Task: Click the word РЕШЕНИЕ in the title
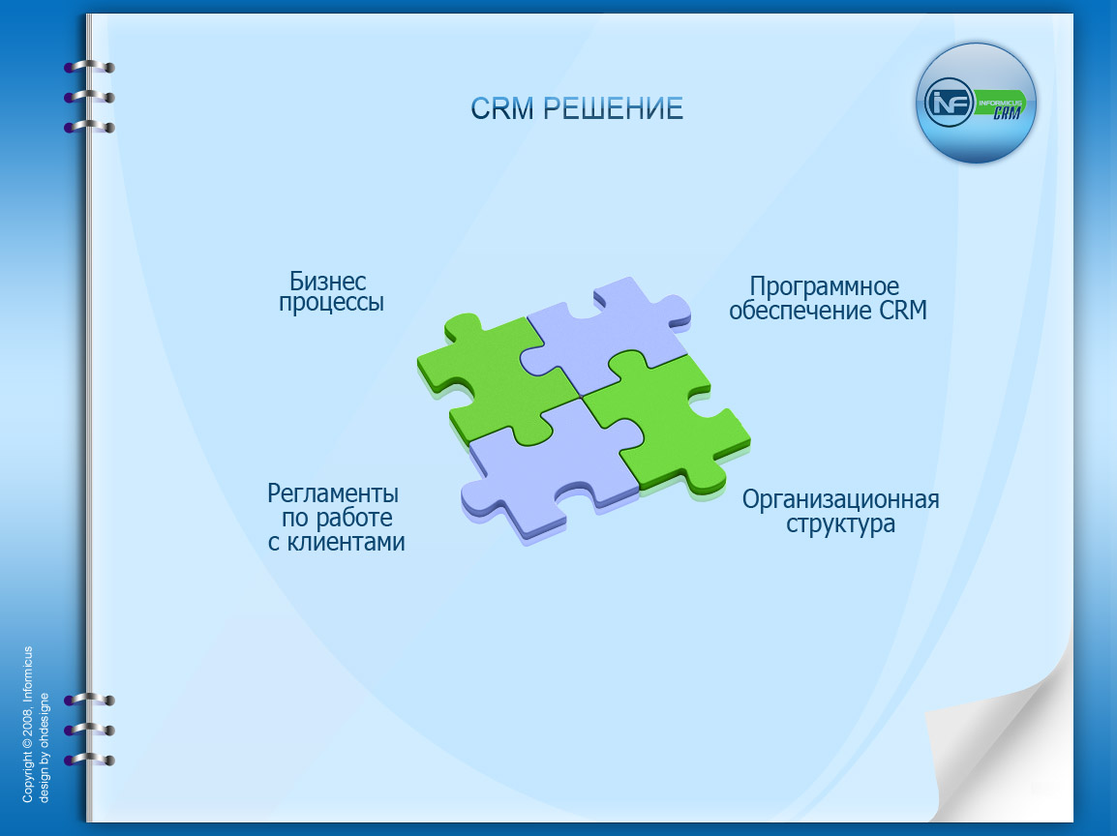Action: pyautogui.click(x=614, y=109)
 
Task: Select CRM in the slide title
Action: pyautogui.click(x=502, y=109)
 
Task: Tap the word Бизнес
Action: pyautogui.click(x=328, y=281)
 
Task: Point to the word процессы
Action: pyautogui.click(x=331, y=303)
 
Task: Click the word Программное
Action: pyautogui.click(x=825, y=287)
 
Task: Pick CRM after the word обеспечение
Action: pyautogui.click(x=903, y=311)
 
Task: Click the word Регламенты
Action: pyautogui.click(x=333, y=493)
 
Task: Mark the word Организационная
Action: pyautogui.click(x=840, y=499)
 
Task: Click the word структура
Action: pyautogui.click(x=840, y=524)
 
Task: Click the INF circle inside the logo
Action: pyautogui.click(x=949, y=103)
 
